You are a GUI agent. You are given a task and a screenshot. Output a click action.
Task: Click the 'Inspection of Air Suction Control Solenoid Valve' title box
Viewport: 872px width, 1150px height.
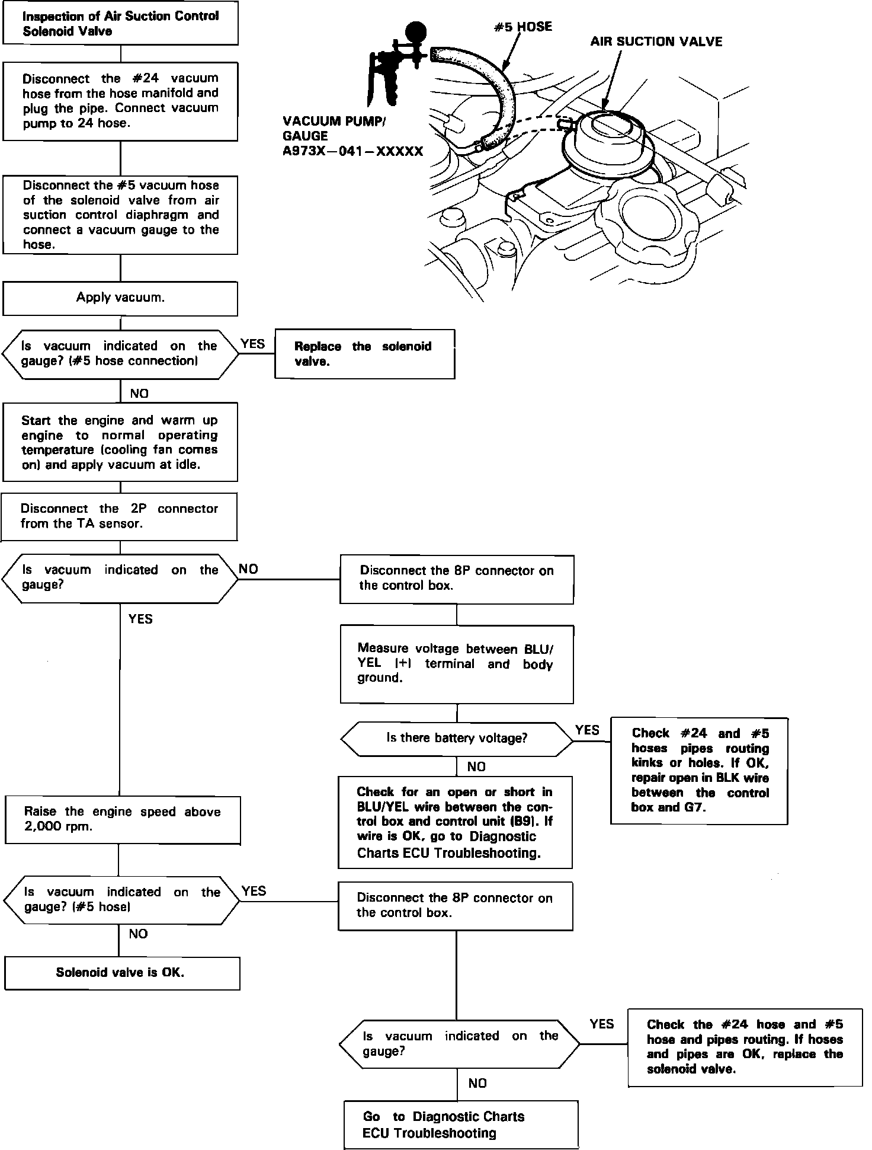pos(120,24)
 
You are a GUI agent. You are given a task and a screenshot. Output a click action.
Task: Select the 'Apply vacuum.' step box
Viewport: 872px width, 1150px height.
pos(120,298)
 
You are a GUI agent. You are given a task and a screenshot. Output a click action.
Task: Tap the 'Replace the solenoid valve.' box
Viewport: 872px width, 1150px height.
pos(364,354)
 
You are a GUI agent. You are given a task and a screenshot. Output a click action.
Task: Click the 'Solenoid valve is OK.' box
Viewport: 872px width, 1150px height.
pos(122,973)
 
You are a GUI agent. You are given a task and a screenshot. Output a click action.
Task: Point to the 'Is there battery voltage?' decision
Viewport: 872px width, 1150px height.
pos(456,739)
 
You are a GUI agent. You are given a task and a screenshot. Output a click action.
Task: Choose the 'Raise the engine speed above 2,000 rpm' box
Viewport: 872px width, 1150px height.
pos(122,820)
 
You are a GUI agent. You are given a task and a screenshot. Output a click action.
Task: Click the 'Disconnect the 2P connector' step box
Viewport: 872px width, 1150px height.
pos(120,516)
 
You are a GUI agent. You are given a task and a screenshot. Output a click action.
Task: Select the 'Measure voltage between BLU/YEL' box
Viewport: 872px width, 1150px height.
pos(456,664)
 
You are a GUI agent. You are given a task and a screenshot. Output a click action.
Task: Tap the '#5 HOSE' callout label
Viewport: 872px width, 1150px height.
pos(523,27)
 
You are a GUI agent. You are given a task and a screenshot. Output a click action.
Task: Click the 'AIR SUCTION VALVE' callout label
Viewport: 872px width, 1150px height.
pos(656,41)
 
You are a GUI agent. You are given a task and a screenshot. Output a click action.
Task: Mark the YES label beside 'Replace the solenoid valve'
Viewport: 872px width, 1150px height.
pos(253,344)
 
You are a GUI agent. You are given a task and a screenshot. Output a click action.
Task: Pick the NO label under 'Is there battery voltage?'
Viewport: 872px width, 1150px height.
pos(476,767)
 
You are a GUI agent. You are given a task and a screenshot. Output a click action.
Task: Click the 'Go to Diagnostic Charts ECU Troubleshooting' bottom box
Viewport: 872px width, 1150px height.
pos(460,1125)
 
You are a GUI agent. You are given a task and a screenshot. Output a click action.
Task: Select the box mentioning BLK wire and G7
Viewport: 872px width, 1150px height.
pos(699,770)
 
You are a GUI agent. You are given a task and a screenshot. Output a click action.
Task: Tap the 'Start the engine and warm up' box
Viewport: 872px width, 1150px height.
pos(120,442)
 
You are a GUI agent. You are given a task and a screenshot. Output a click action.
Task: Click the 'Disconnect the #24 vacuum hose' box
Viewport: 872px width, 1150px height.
pos(120,101)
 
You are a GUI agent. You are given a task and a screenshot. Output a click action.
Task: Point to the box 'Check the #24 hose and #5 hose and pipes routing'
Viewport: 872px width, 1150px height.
pos(745,1047)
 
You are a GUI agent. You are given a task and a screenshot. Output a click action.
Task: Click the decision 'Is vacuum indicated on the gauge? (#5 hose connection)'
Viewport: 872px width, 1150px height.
pos(120,354)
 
